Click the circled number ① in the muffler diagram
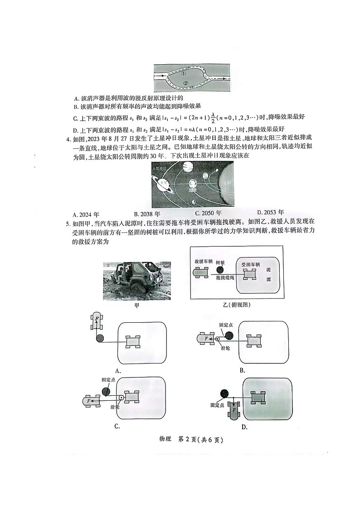pyautogui.click(x=184, y=73)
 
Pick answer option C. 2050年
pyautogui.click(x=208, y=213)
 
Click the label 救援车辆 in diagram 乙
pyautogui.click(x=204, y=262)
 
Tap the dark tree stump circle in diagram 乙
pyautogui.click(x=220, y=271)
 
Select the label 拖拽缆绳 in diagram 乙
pyautogui.click(x=225, y=278)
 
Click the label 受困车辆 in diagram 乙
pyautogui.click(x=250, y=264)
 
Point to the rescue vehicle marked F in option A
pyautogui.click(x=97, y=320)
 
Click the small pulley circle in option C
pyautogui.click(x=122, y=398)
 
